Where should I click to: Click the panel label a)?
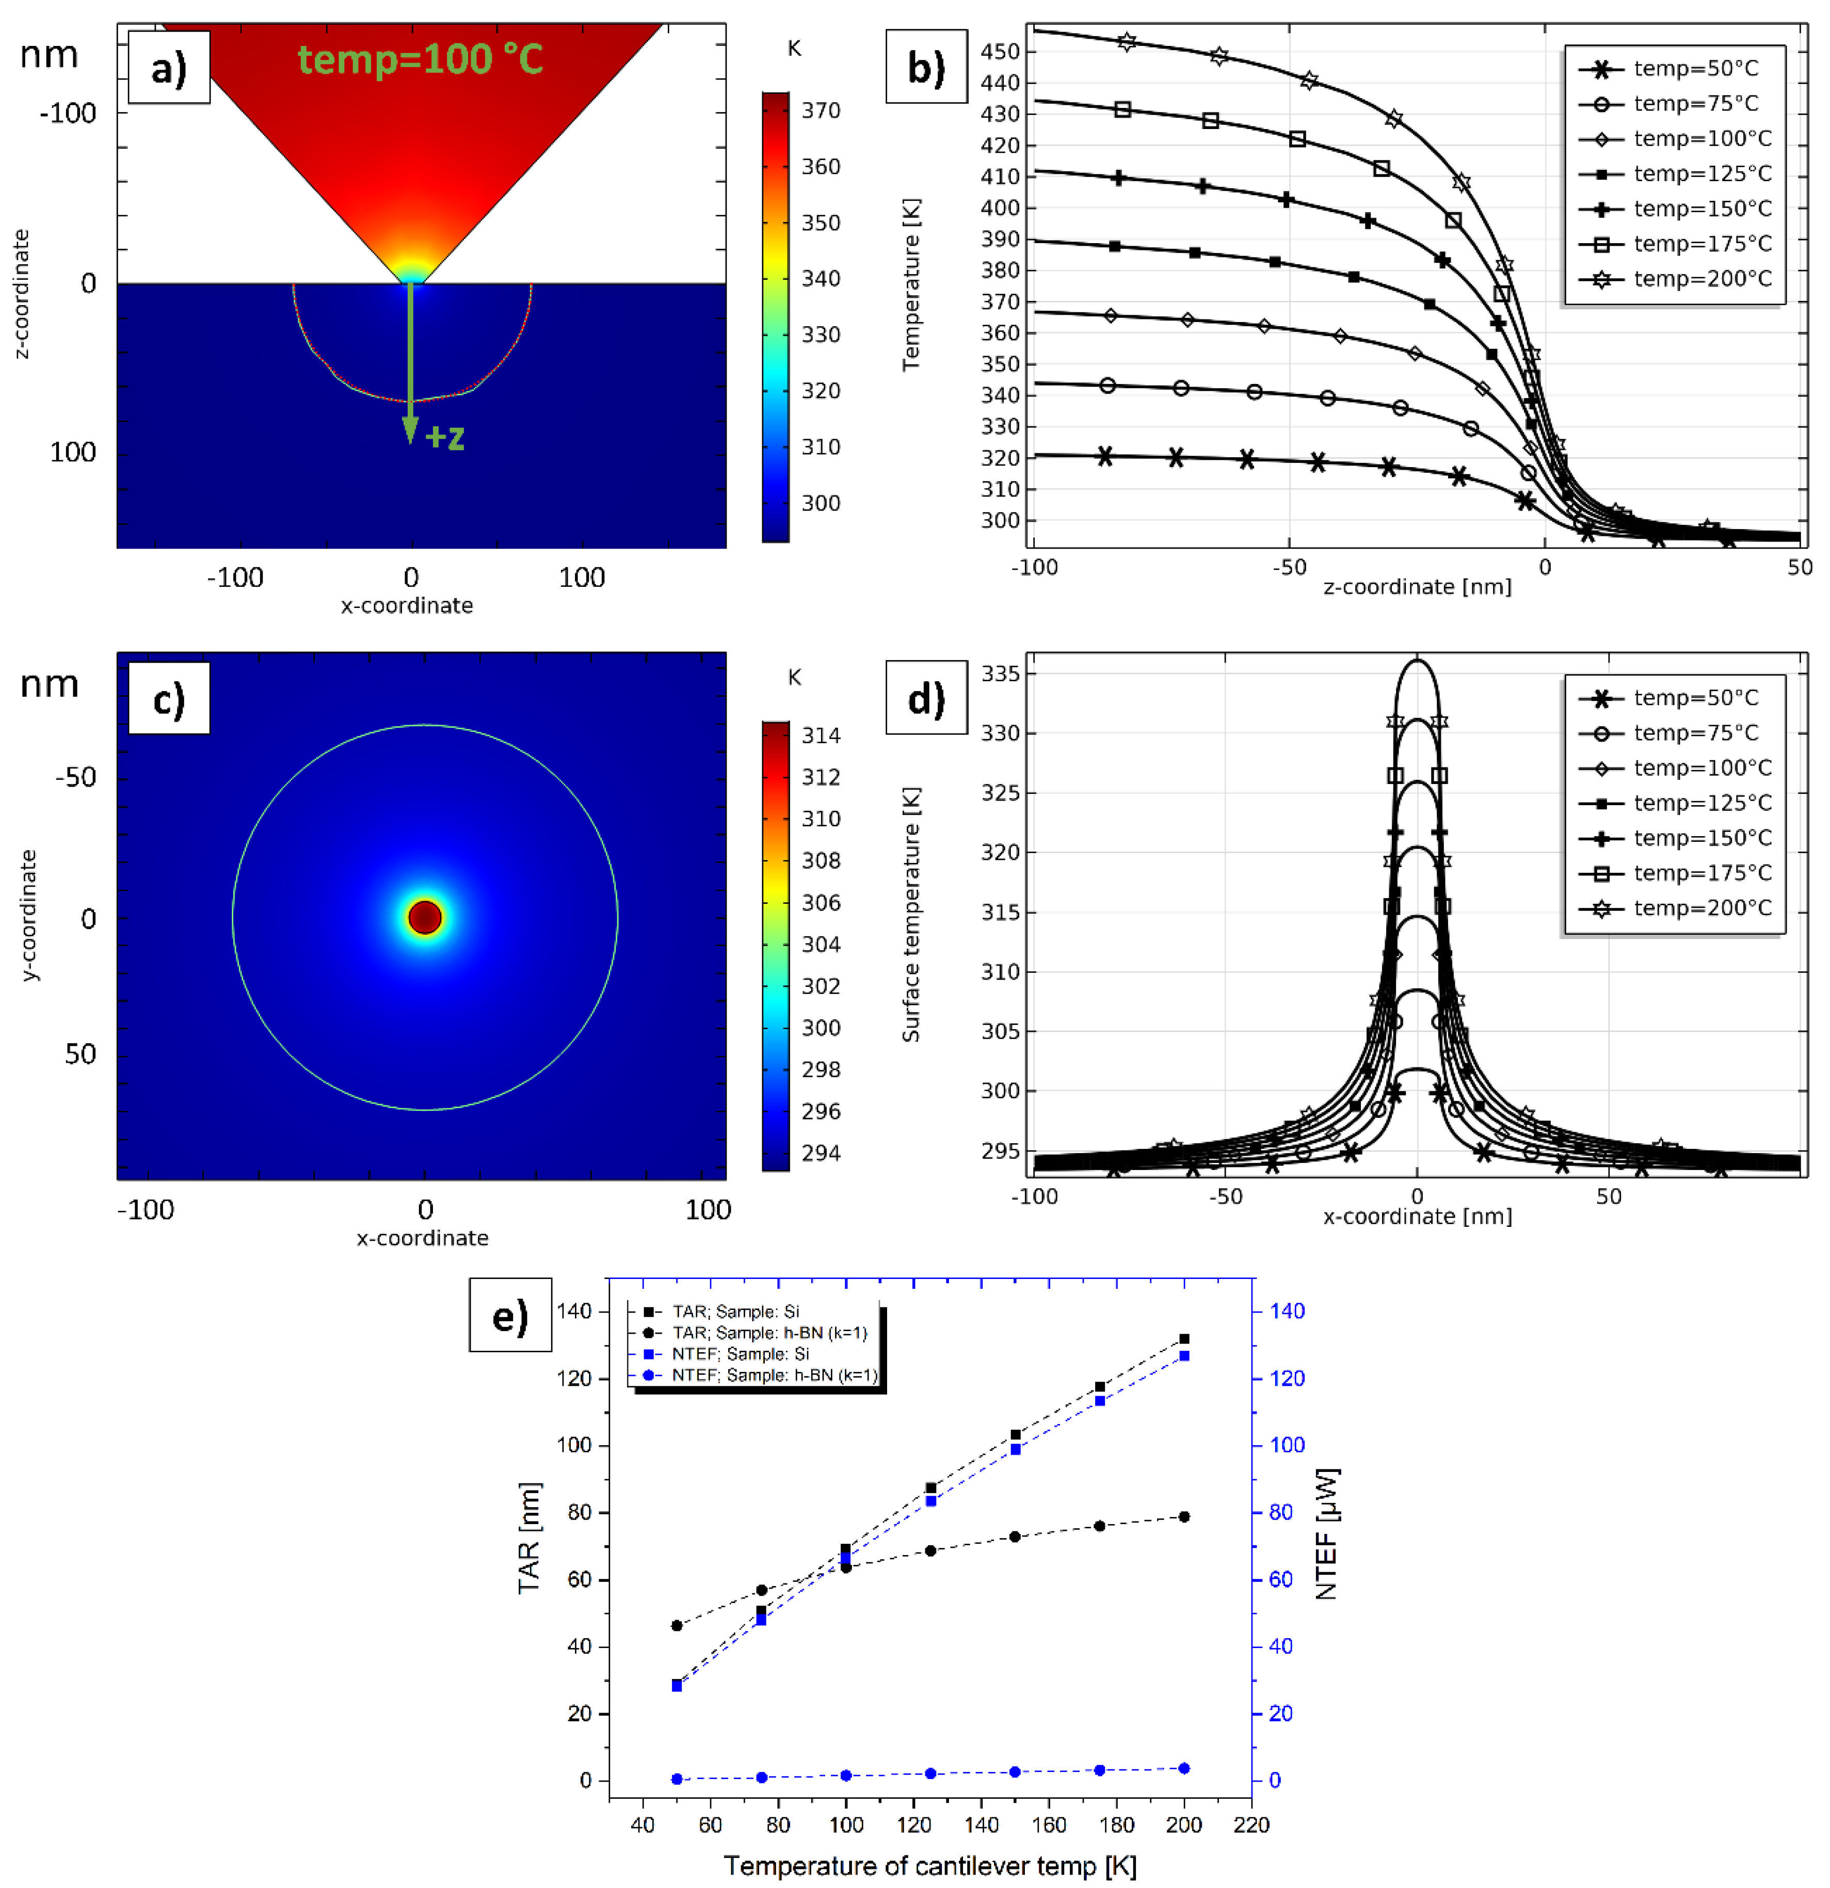[x=169, y=68]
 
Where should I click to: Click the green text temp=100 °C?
[x=420, y=60]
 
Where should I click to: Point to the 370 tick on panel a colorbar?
[x=821, y=111]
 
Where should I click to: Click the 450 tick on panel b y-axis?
[x=1000, y=52]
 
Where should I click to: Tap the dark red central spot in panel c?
[x=425, y=917]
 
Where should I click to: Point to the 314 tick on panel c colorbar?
[x=821, y=736]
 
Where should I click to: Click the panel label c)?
[x=169, y=698]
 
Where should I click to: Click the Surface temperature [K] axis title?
[x=910, y=915]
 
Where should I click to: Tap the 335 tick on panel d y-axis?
[x=1000, y=674]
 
